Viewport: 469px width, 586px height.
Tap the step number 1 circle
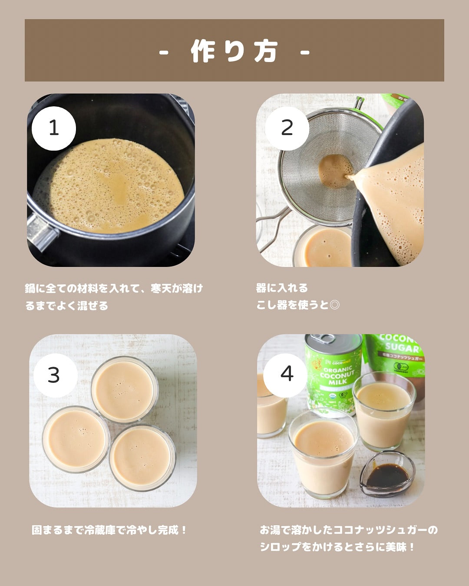click(54, 128)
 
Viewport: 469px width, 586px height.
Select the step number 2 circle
click(287, 128)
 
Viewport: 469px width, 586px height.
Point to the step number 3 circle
click(55, 375)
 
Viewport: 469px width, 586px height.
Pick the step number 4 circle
click(285, 375)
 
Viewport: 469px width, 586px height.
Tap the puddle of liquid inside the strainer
click(335, 171)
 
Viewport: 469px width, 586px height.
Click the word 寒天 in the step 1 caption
click(161, 288)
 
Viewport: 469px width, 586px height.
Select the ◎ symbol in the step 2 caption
click(334, 305)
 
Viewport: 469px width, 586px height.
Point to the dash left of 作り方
click(164, 52)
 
